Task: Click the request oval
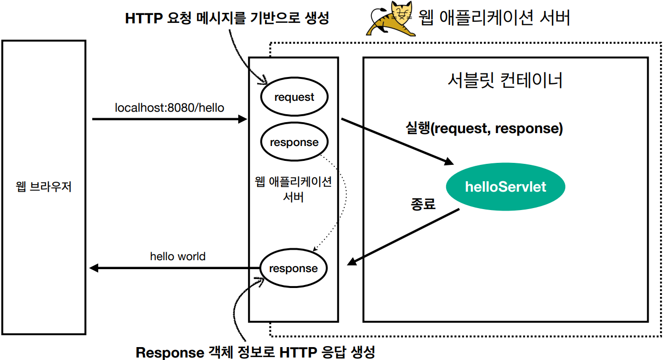(294, 97)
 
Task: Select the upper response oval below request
(294, 143)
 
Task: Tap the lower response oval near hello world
(293, 269)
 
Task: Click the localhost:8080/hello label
(170, 107)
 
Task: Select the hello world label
(178, 257)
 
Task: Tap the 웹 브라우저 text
(44, 187)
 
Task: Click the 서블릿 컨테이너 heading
(505, 80)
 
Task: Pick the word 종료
(423, 204)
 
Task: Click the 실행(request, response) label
(484, 129)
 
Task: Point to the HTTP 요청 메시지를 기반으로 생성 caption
(227, 19)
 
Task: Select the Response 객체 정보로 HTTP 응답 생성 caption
(256, 353)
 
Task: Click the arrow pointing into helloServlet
(397, 142)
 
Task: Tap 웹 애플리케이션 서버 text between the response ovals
(293, 189)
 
